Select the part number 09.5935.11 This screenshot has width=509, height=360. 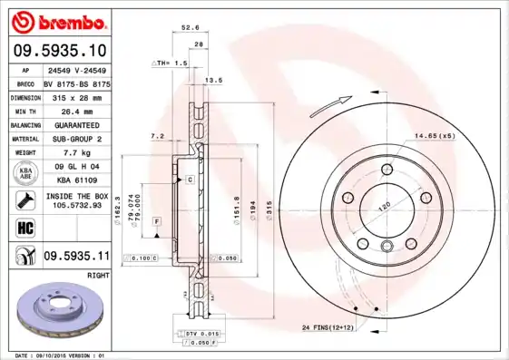[x=74, y=257]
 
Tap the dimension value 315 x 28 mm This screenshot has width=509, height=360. [x=74, y=95]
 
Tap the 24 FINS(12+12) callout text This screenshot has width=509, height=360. [x=328, y=326]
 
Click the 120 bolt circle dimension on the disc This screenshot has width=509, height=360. [x=383, y=208]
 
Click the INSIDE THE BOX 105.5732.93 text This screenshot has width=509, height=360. [x=76, y=200]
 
